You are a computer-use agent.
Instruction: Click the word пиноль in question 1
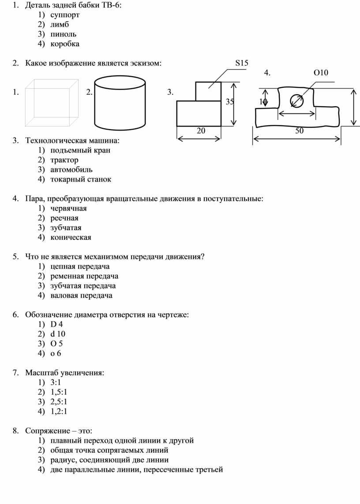click(x=63, y=34)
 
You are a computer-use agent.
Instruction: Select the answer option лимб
click(x=60, y=24)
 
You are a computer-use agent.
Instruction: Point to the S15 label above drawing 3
click(x=241, y=63)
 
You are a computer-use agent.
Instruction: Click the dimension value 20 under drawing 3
click(x=201, y=131)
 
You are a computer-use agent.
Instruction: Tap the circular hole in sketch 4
click(x=297, y=101)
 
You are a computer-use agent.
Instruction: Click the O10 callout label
click(x=321, y=73)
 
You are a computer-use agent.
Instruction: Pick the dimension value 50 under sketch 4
click(x=299, y=131)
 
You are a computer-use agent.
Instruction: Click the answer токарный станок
click(x=81, y=179)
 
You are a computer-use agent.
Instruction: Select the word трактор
click(x=64, y=160)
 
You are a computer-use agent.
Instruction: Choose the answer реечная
click(x=64, y=218)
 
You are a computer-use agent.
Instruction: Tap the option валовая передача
click(x=81, y=295)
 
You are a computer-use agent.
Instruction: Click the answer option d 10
click(x=58, y=334)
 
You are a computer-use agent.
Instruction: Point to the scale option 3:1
click(x=56, y=382)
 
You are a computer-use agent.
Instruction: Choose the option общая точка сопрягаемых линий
click(x=109, y=450)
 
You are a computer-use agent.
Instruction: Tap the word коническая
click(x=71, y=237)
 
